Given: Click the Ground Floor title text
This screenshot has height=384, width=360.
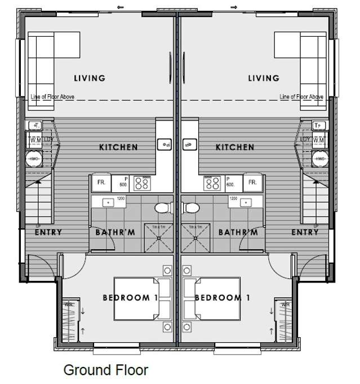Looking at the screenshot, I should pos(106,370).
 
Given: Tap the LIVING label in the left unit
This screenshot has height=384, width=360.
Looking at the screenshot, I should pos(90,78).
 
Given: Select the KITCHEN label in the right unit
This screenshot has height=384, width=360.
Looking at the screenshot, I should pos(235,147).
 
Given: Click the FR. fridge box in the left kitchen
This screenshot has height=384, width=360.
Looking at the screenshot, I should pos(102,183).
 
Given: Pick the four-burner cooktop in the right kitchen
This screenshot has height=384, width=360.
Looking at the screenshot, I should pos(214,183).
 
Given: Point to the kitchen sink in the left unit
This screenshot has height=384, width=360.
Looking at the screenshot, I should pos(165,144).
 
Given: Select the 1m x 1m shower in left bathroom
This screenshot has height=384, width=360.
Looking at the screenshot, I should pos(160,237).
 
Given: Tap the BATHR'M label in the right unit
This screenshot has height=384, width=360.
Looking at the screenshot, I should pos(239,232).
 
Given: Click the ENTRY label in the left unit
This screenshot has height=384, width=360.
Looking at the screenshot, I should pos(48,232).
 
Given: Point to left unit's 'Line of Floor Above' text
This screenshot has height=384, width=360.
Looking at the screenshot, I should pos(52,97).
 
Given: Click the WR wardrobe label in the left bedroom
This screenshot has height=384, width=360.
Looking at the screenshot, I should pos(69,304).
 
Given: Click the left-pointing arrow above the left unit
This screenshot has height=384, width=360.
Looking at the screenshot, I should pos(120,7).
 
